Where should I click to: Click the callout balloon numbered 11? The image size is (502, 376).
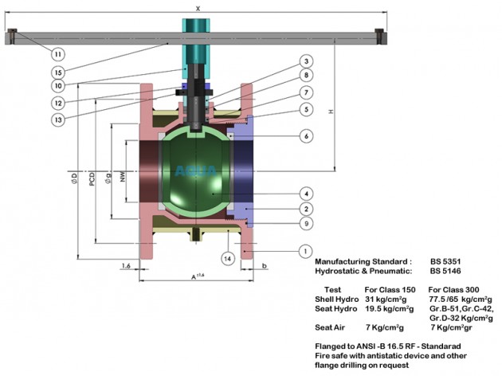[x=58, y=54]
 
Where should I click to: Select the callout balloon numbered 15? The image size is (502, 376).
[x=58, y=72]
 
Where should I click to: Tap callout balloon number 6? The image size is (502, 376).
[x=307, y=136]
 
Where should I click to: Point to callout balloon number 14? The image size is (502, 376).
[x=228, y=258]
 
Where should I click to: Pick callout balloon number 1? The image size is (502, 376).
[x=305, y=251]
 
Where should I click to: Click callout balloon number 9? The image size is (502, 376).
[x=307, y=223]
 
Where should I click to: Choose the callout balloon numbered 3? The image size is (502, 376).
[x=307, y=61]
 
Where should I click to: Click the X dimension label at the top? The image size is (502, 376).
[x=198, y=9]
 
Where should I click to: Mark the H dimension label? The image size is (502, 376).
[x=331, y=112]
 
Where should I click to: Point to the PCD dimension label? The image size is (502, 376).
[x=92, y=179]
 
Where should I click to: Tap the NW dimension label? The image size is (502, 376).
[x=123, y=177]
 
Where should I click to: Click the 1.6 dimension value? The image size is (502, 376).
[x=126, y=265]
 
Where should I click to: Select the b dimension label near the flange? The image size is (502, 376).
[x=264, y=265]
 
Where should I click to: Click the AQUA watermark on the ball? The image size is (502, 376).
[x=195, y=171]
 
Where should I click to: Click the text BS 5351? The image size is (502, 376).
[x=445, y=261]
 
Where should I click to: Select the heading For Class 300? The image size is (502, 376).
[x=453, y=290]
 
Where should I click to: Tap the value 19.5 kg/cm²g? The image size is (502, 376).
[x=390, y=309]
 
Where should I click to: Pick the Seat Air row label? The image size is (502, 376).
[x=330, y=327]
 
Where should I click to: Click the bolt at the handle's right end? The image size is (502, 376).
[x=379, y=36]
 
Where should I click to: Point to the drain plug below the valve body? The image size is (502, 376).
[x=196, y=234]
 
